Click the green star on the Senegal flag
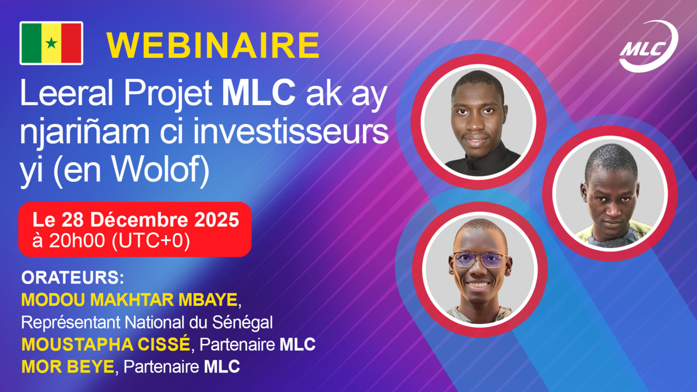51,43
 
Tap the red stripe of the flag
71,43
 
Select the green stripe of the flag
31,43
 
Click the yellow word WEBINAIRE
213,45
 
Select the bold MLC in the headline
259,94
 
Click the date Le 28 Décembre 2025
136,220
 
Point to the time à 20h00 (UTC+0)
111,241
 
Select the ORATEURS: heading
73,278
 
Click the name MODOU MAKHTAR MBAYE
130,300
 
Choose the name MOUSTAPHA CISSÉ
106,345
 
